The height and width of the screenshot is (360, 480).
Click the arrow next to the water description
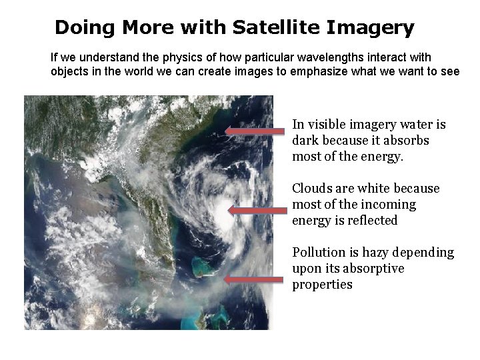pos(253,131)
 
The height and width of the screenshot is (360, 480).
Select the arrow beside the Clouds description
pos(256,211)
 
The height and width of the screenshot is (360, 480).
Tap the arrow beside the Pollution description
pos(253,280)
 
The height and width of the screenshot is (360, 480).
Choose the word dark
pos(306,141)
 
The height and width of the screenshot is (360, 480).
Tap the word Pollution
pos(318,253)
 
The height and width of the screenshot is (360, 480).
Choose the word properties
pos(322,285)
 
